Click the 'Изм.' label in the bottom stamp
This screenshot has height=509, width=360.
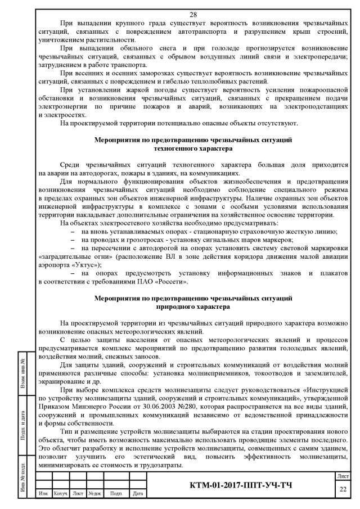[x=43, y=501]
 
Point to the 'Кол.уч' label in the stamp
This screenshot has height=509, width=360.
[x=60, y=501]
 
